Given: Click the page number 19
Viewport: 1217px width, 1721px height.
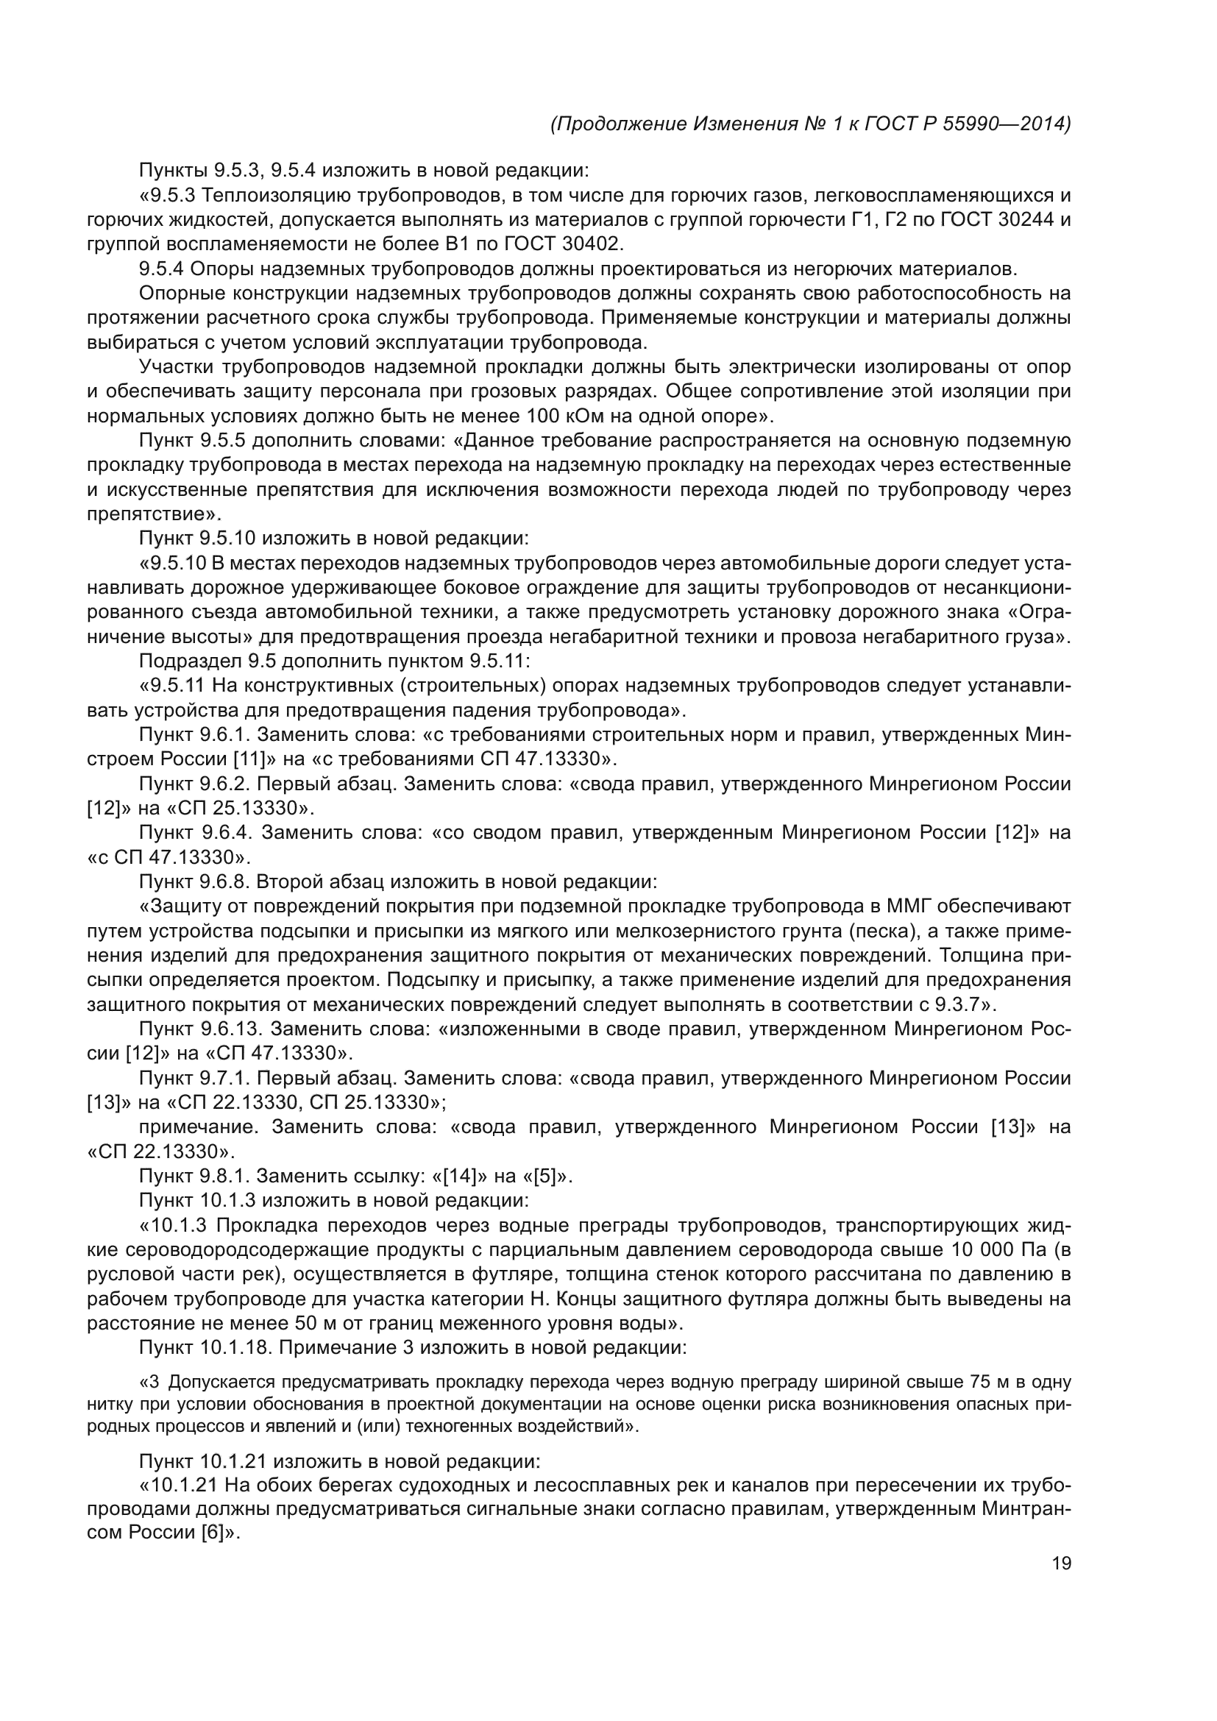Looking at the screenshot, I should [x=1061, y=1564].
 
